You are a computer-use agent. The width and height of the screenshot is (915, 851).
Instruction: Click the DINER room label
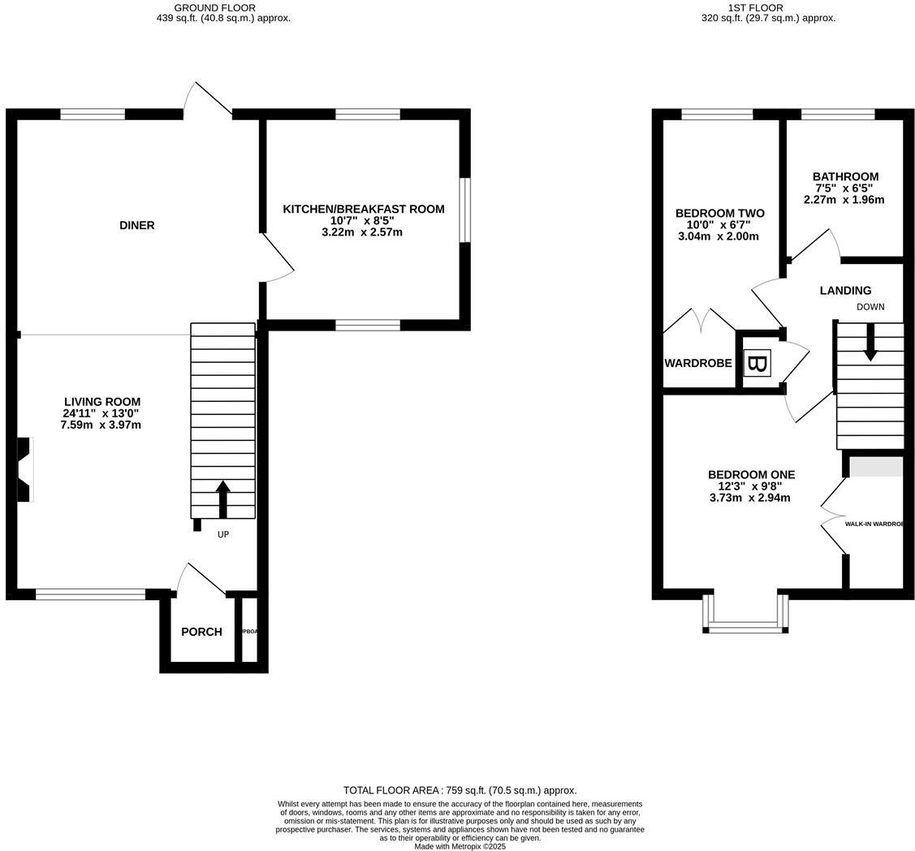point(136,225)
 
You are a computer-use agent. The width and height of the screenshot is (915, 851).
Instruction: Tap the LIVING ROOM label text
point(102,401)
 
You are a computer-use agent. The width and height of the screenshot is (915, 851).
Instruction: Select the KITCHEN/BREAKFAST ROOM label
point(363,209)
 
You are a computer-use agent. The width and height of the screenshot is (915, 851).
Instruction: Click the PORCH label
point(201,632)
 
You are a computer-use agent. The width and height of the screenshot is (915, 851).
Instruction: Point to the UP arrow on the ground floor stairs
point(222,498)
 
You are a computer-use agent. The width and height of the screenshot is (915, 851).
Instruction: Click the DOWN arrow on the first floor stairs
point(870,343)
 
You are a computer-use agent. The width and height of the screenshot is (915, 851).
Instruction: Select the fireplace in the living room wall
point(24,469)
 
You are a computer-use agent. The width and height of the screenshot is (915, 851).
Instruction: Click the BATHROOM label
point(845,176)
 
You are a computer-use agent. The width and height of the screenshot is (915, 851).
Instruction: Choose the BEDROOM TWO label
point(719,213)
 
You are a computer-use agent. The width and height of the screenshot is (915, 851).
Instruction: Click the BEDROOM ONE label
point(751,474)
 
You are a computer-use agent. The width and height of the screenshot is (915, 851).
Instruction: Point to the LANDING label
point(845,290)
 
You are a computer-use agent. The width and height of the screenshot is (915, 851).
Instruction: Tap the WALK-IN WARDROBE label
point(874,525)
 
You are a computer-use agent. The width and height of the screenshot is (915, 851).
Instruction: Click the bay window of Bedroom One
point(745,625)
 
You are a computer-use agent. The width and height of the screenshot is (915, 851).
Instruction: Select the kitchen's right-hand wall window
point(464,210)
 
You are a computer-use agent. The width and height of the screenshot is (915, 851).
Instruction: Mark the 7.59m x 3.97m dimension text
point(101,425)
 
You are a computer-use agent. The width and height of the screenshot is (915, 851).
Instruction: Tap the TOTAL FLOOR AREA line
point(460,790)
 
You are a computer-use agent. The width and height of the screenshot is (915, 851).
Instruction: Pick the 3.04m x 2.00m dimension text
point(718,236)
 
